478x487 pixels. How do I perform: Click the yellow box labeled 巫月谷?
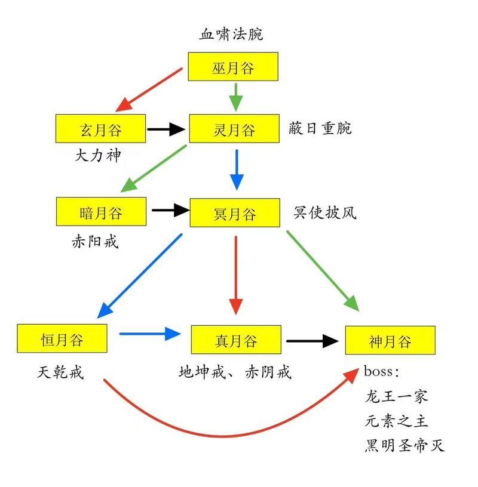click(x=233, y=67)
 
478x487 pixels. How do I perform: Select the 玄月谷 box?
click(x=100, y=128)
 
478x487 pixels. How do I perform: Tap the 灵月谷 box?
click(x=234, y=129)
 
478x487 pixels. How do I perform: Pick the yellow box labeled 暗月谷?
click(x=101, y=212)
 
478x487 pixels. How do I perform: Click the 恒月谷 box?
click(x=62, y=339)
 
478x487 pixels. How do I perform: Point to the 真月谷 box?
click(x=236, y=340)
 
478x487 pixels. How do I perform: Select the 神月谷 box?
click(x=390, y=341)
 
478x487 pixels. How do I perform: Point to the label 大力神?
click(x=97, y=156)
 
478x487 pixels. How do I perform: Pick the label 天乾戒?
click(x=60, y=372)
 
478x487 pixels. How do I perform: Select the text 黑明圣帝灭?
click(x=405, y=445)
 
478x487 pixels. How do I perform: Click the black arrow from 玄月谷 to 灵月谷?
click(x=167, y=128)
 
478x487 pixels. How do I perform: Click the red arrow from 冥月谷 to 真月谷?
click(x=236, y=275)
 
